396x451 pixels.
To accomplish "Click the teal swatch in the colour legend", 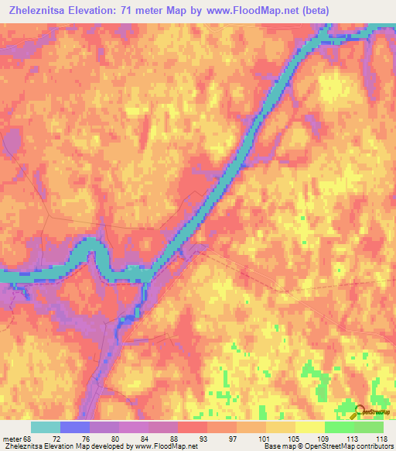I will tap(45, 427).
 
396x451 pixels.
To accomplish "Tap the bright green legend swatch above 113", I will tap(339, 427).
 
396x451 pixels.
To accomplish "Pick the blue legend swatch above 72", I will tap(75, 427).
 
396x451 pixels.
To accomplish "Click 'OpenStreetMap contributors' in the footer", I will tap(353, 447).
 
